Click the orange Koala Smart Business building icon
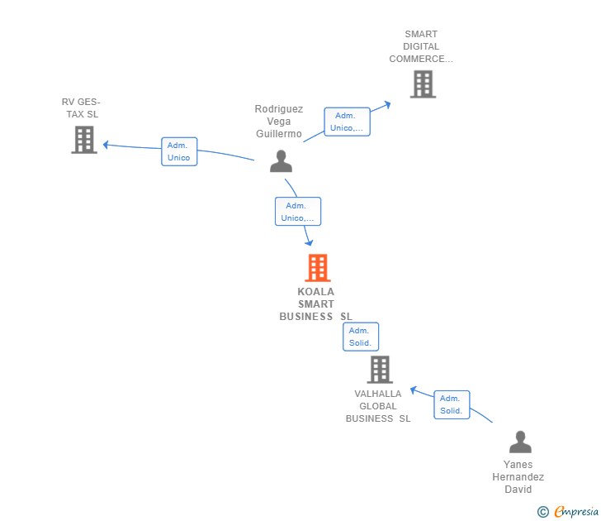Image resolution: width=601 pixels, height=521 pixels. (317, 268)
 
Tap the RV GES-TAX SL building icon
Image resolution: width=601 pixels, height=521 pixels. (84, 140)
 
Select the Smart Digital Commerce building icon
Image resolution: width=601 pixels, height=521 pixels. (423, 84)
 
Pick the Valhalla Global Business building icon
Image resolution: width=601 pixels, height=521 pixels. (380, 370)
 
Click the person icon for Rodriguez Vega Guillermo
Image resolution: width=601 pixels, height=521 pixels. (282, 160)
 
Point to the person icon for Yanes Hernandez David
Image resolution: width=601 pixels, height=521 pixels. (520, 442)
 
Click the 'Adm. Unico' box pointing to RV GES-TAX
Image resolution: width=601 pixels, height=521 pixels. (179, 151)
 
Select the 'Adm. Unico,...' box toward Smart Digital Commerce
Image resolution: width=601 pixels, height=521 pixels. (347, 122)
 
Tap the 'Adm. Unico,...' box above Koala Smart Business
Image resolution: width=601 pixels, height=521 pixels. (297, 212)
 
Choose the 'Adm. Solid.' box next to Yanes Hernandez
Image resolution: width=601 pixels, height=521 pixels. (452, 404)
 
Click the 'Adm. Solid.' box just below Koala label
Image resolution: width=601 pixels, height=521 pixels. (361, 337)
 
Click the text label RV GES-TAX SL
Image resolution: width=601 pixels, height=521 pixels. (81, 108)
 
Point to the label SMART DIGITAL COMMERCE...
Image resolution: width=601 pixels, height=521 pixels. (421, 46)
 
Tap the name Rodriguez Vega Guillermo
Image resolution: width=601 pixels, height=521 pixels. (279, 121)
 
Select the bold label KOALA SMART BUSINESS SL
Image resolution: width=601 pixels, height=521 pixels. (315, 304)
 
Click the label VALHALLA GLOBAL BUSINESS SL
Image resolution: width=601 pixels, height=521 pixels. (378, 406)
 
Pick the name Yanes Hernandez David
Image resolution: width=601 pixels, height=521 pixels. (518, 476)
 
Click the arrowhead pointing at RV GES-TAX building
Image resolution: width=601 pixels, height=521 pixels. (106, 146)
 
